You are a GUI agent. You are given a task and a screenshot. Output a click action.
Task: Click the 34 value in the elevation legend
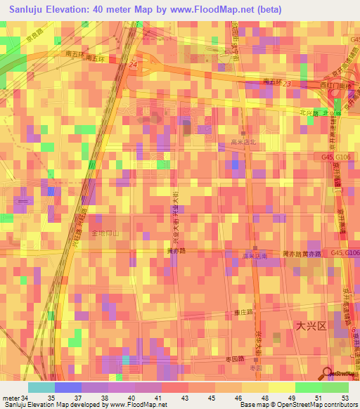[x=24, y=398]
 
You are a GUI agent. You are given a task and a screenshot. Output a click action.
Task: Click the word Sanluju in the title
[x=25, y=8]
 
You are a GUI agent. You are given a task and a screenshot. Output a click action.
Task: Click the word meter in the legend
[x=10, y=398]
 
